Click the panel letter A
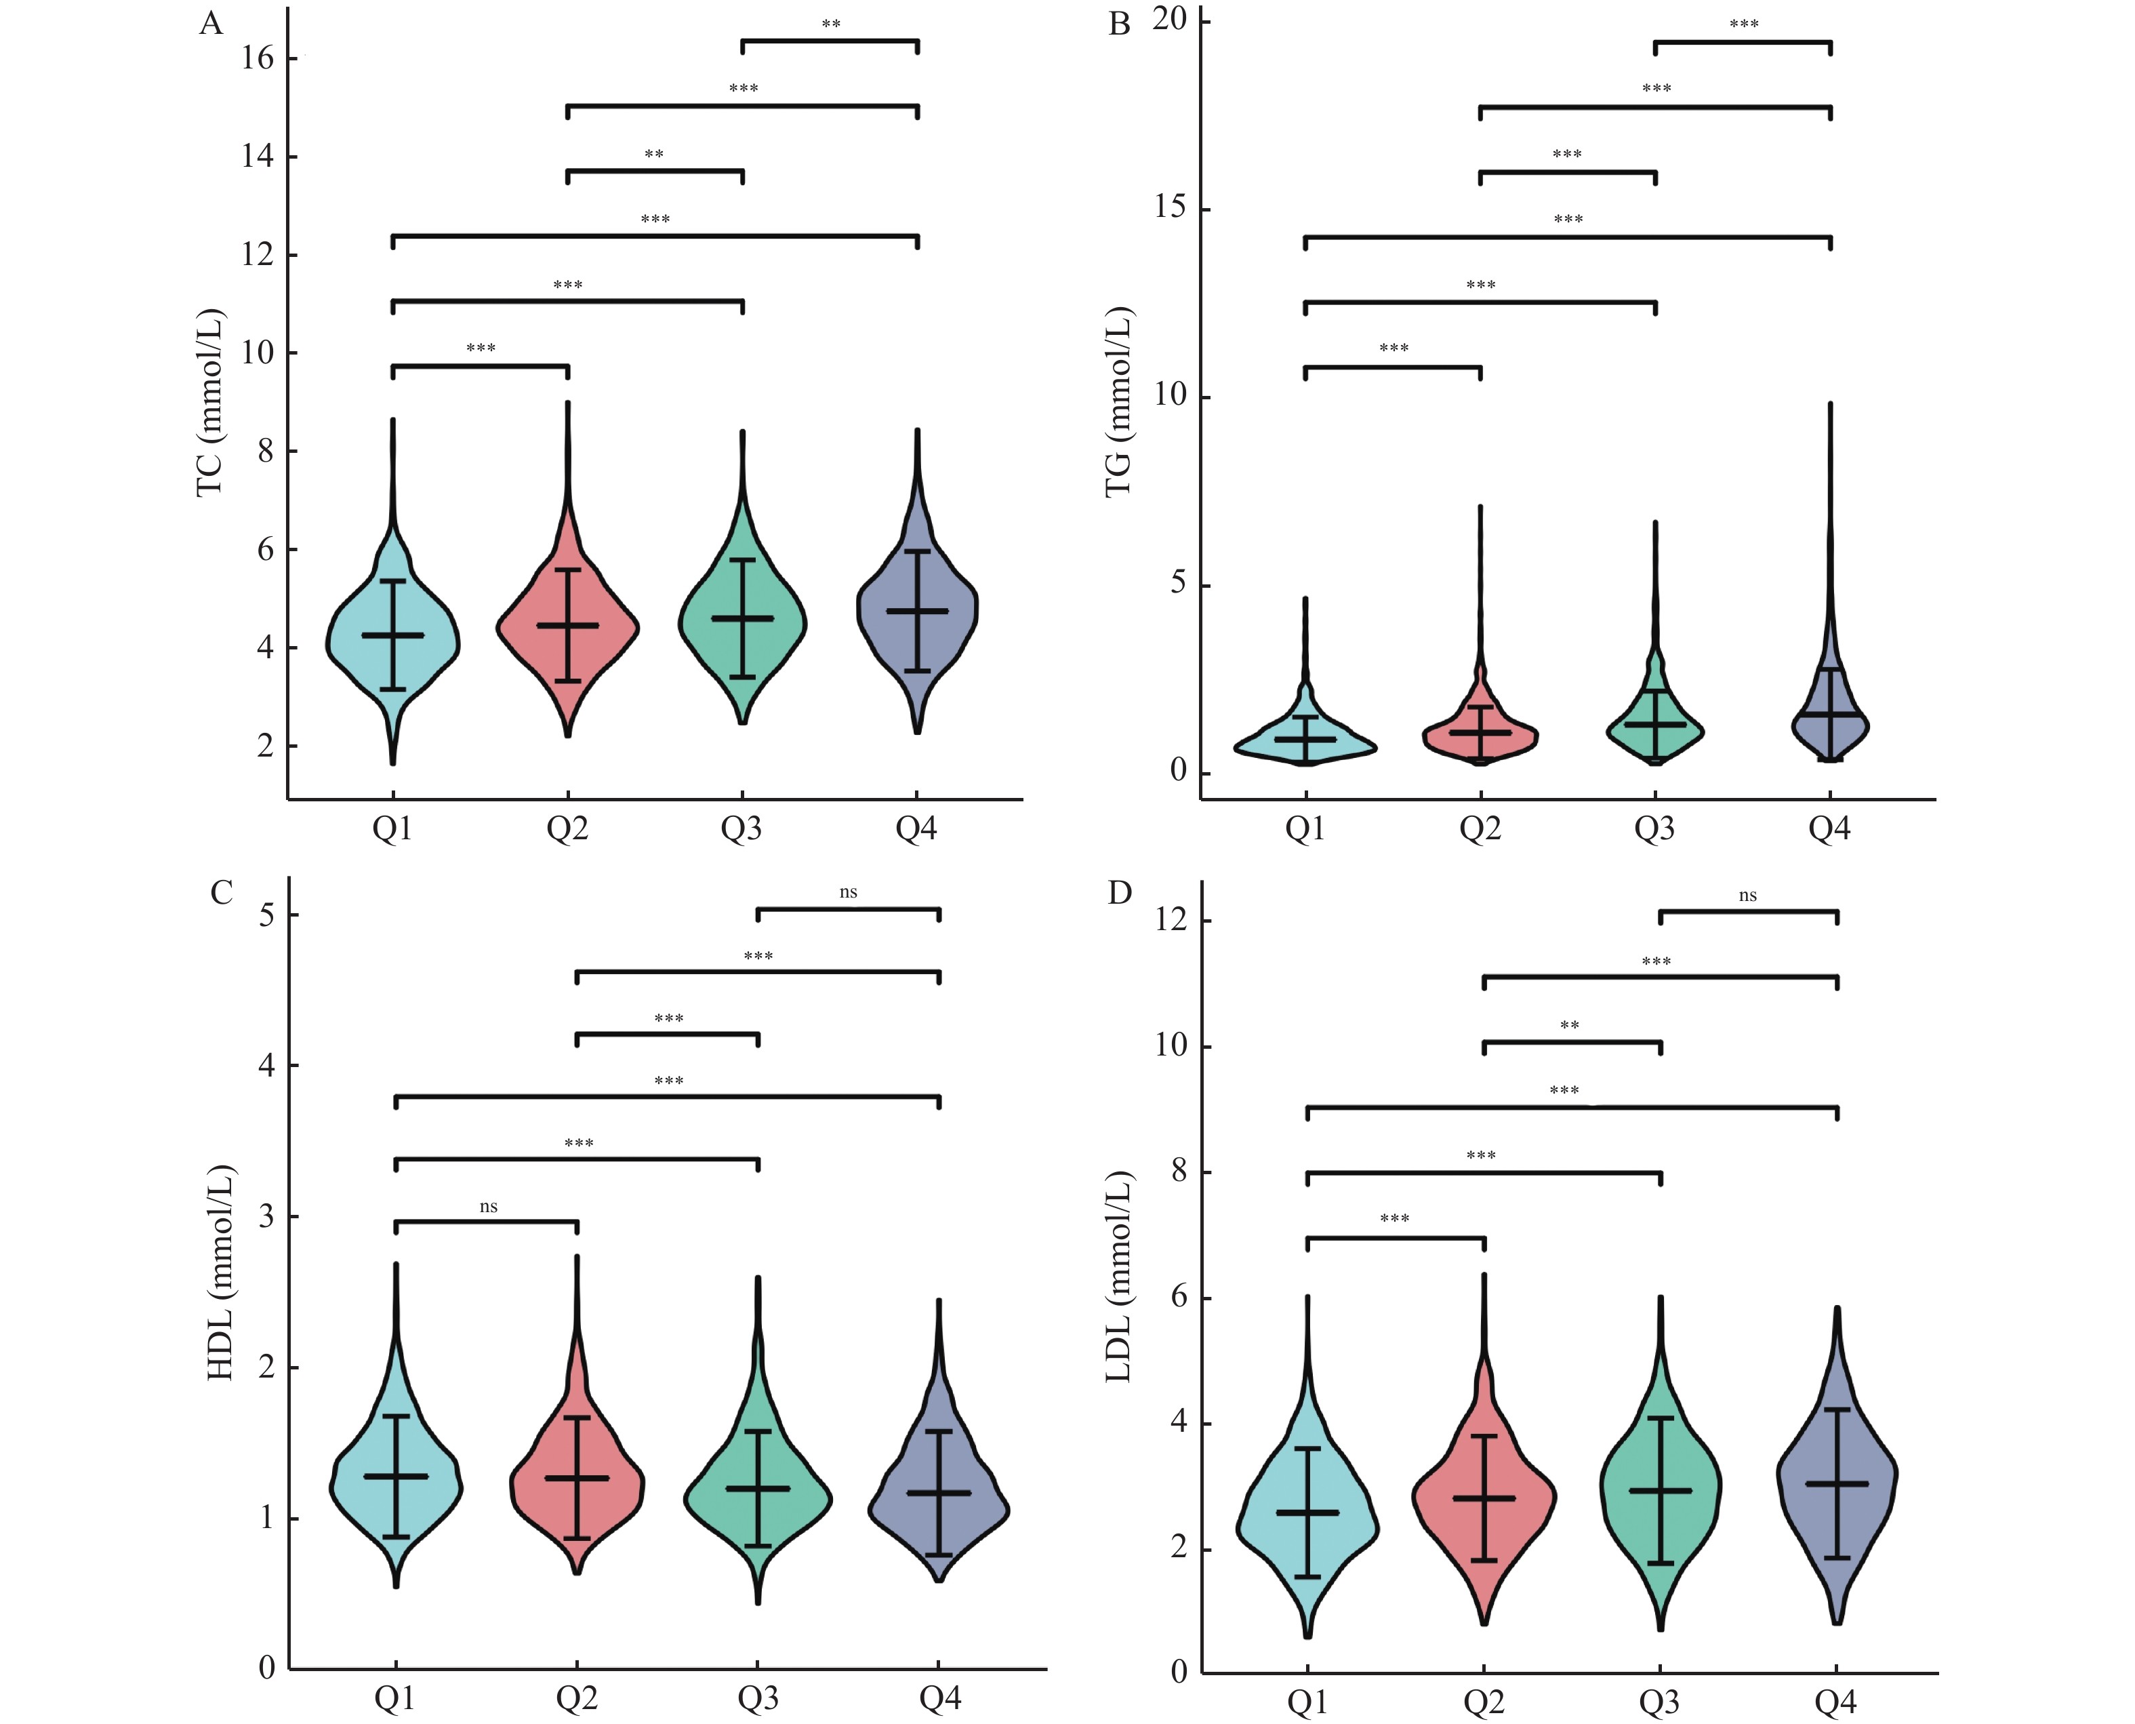pos(211,23)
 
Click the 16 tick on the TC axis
pos(257,58)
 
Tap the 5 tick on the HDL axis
pos(266,915)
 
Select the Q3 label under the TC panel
pos(741,828)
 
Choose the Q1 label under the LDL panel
pos(1307,1703)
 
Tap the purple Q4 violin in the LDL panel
pos(1836,1489)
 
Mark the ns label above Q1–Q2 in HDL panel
pos(487,1207)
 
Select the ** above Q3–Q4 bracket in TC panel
pos(830,24)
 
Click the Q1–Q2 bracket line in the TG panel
pos(1392,367)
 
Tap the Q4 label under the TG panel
pos(1829,828)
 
